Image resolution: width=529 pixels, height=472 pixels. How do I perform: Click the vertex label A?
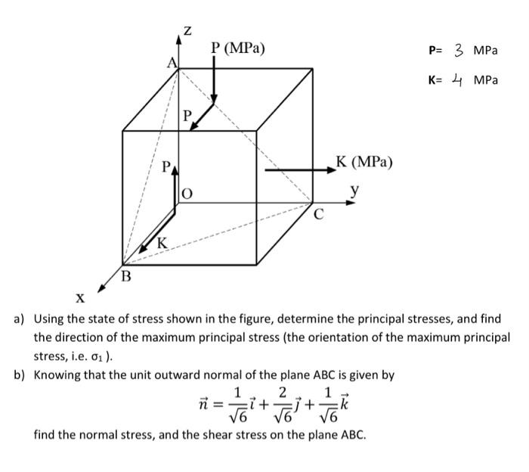(x=172, y=63)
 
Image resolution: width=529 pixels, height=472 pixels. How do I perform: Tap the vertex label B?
(x=126, y=277)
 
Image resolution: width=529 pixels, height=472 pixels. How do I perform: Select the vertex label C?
(x=319, y=214)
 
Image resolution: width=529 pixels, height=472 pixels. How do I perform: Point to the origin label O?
(x=187, y=194)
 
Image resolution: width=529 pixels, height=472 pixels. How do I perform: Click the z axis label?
(x=187, y=31)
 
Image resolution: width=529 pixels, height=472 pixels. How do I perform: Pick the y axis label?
(x=354, y=191)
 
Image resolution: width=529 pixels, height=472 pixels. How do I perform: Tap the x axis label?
(x=80, y=298)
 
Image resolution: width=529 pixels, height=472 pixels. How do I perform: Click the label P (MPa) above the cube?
(x=238, y=48)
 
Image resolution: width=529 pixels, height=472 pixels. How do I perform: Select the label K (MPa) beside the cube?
(x=364, y=162)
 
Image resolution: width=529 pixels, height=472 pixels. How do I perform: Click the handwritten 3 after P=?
(x=458, y=51)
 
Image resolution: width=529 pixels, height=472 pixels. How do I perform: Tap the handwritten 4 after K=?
(x=456, y=79)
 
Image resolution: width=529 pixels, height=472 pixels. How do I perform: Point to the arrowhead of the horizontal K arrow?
(x=332, y=170)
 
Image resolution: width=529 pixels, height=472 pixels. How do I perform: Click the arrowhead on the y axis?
(x=351, y=203)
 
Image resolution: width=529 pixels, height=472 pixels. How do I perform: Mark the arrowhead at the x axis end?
(x=101, y=289)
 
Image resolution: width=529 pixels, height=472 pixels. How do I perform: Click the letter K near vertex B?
(x=162, y=243)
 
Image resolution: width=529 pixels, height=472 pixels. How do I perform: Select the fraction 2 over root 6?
(x=283, y=405)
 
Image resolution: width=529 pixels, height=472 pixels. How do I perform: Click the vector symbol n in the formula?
(x=203, y=403)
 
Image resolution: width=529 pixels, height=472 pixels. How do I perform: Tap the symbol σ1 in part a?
(x=97, y=357)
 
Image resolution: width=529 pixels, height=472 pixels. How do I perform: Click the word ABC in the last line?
(x=353, y=434)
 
